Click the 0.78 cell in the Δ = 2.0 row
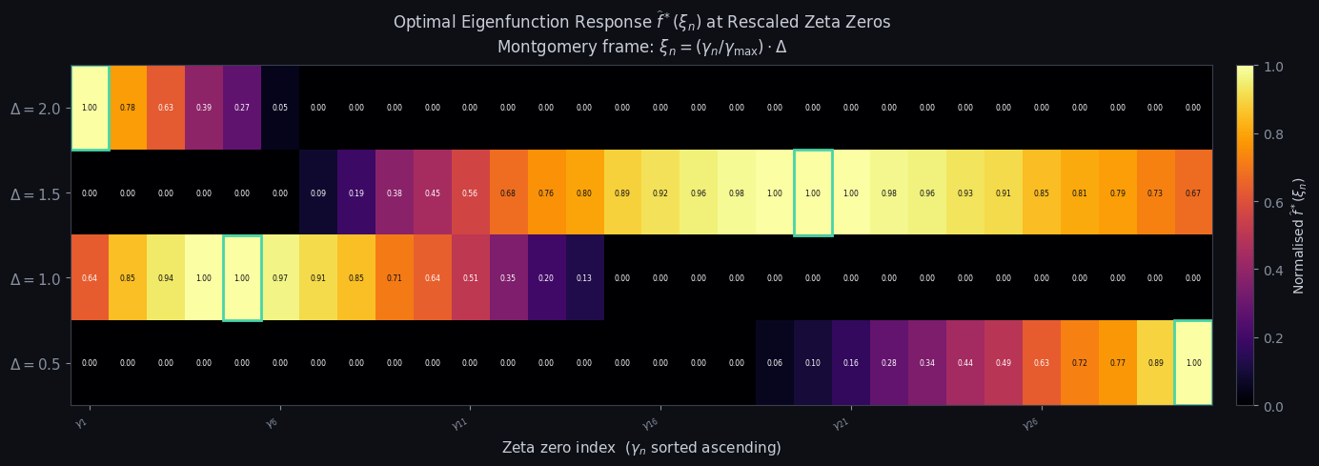pyautogui.click(x=128, y=108)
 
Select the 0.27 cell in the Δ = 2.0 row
pyautogui.click(x=242, y=108)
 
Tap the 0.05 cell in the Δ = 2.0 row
pyautogui.click(x=280, y=108)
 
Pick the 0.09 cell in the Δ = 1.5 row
pyautogui.click(x=318, y=192)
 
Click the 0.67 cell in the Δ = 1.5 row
pyautogui.click(x=1193, y=192)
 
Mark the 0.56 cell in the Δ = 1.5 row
pyautogui.click(x=470, y=192)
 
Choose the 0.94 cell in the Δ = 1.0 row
pyautogui.click(x=166, y=277)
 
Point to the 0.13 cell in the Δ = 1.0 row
pyautogui.click(x=584, y=277)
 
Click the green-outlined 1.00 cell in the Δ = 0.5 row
pyautogui.click(x=1193, y=363)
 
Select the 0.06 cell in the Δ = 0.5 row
pyautogui.click(x=775, y=363)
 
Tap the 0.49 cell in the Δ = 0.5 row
pyautogui.click(x=1003, y=363)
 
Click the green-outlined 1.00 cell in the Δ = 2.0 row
pyautogui.click(x=90, y=108)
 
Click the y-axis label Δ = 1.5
pyautogui.click(x=35, y=193)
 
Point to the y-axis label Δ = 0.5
pyautogui.click(x=35, y=364)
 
